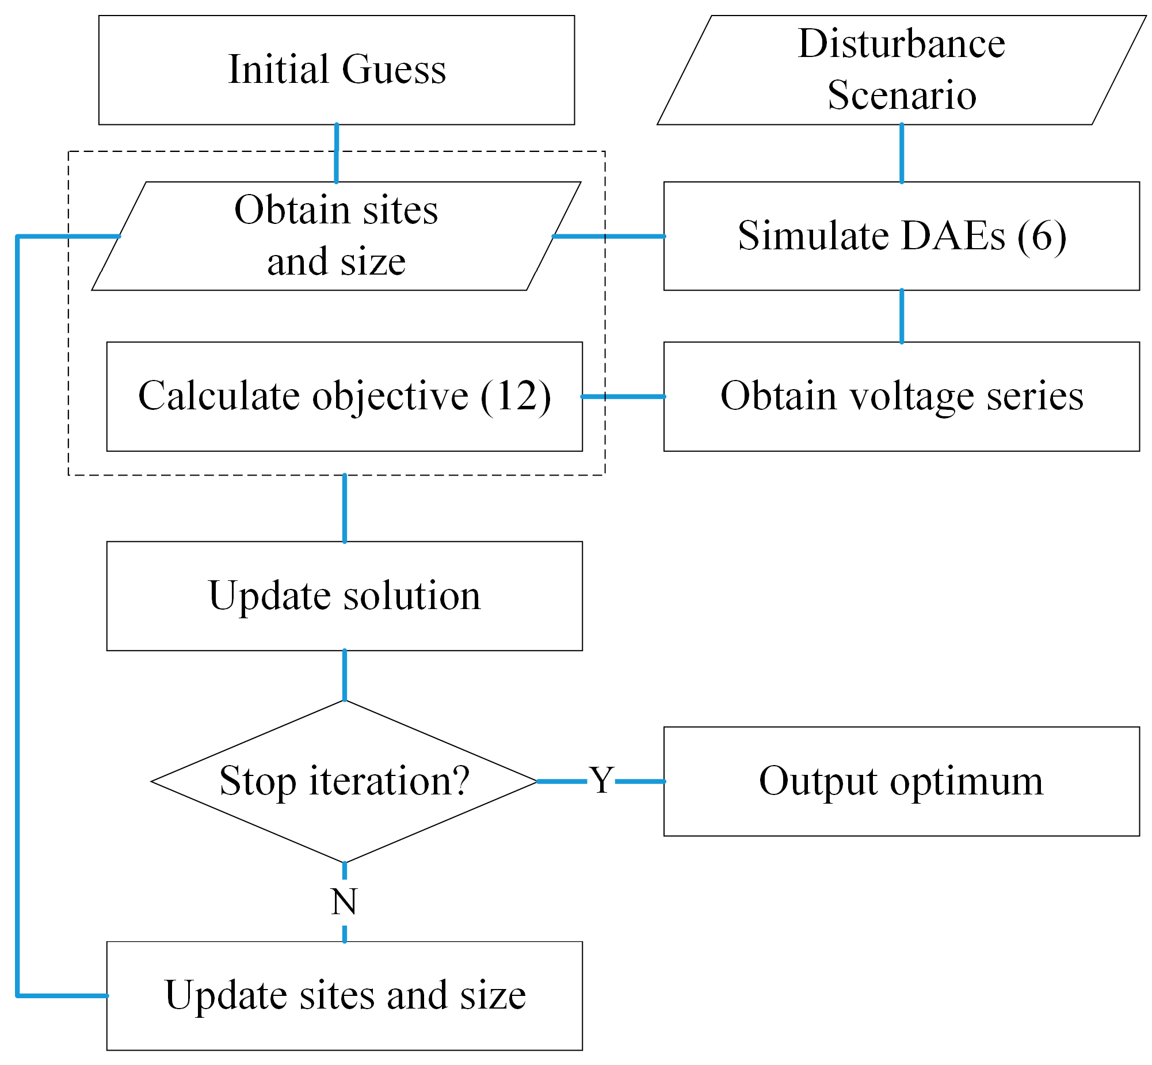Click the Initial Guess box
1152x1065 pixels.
tap(337, 70)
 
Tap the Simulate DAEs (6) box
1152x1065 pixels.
tap(901, 235)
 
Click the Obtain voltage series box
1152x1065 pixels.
tap(901, 397)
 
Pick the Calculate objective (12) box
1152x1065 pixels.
tap(344, 397)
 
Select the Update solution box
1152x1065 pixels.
tap(344, 596)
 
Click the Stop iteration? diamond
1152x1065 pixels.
tap(344, 781)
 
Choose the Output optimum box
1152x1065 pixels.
tap(901, 781)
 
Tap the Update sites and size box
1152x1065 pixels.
tap(344, 995)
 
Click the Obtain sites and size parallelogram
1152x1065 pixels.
tap(337, 235)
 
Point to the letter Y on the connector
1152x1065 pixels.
tap(601, 781)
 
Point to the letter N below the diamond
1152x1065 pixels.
tap(344, 902)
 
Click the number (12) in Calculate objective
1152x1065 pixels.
tap(515, 397)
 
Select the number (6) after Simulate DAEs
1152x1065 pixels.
tap(1042, 235)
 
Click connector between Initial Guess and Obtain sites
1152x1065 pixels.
tap(337, 153)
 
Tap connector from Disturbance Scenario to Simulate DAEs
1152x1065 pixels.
tap(902, 153)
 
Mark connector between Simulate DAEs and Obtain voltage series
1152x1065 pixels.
tap(902, 317)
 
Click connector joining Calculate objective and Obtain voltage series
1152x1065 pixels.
tap(623, 397)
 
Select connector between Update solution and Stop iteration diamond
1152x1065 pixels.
tap(345, 675)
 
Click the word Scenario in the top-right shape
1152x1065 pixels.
tap(902, 95)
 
